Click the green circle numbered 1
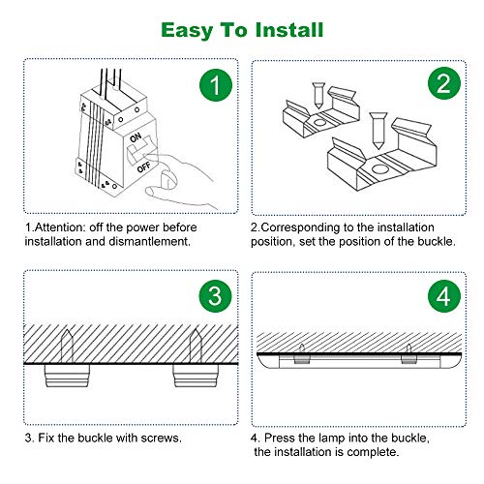[216, 85]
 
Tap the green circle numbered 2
[444, 83]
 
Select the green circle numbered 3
[215, 296]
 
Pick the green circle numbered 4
[444, 296]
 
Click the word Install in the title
[288, 30]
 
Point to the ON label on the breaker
[136, 137]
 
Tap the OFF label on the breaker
[143, 167]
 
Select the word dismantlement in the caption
[149, 241]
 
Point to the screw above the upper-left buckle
[318, 96]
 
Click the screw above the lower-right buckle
[378, 131]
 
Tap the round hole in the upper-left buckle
[319, 123]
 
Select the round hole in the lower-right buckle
[379, 169]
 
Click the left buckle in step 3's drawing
[67, 376]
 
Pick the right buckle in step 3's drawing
[196, 376]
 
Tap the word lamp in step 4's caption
[331, 439]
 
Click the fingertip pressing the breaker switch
[167, 179]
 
